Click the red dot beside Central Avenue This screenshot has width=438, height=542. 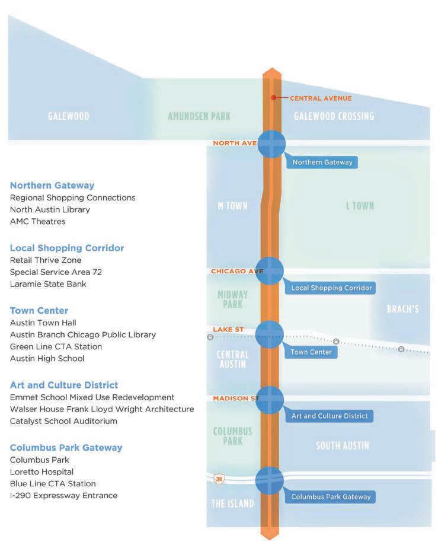coord(273,98)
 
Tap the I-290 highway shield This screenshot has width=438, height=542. coord(219,479)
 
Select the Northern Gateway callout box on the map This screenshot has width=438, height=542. coord(322,162)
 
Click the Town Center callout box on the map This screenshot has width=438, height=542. coord(311,352)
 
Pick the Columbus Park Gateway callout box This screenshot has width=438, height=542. coord(331,497)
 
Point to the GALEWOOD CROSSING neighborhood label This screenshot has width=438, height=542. coord(334,116)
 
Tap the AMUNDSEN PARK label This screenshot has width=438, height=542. coord(199,116)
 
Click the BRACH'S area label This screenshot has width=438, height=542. coord(402,309)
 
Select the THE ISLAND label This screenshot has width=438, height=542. coord(232,504)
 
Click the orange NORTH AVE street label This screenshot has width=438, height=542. coord(234,144)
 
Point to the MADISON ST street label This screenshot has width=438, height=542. coord(235,398)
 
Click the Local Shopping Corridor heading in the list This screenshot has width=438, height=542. coord(67,248)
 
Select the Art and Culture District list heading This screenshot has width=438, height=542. coord(64,385)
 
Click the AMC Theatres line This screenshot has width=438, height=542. coord(37,221)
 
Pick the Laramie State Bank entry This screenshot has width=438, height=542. coord(48,284)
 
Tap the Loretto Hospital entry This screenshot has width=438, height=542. coord(41,471)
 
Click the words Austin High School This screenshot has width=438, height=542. coord(47,358)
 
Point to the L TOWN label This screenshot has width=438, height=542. coord(360,206)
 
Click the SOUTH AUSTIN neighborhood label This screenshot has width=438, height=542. coord(343,446)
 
